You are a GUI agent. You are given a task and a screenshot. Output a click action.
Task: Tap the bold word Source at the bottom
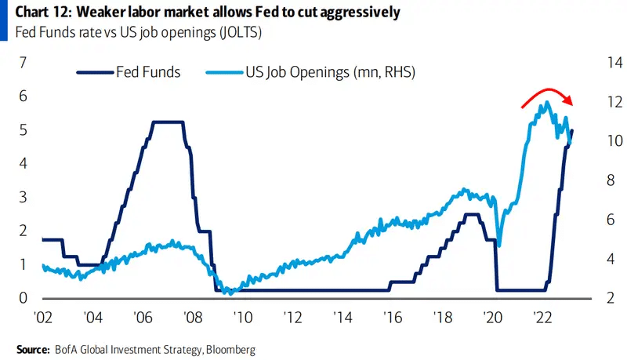(x=34, y=348)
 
